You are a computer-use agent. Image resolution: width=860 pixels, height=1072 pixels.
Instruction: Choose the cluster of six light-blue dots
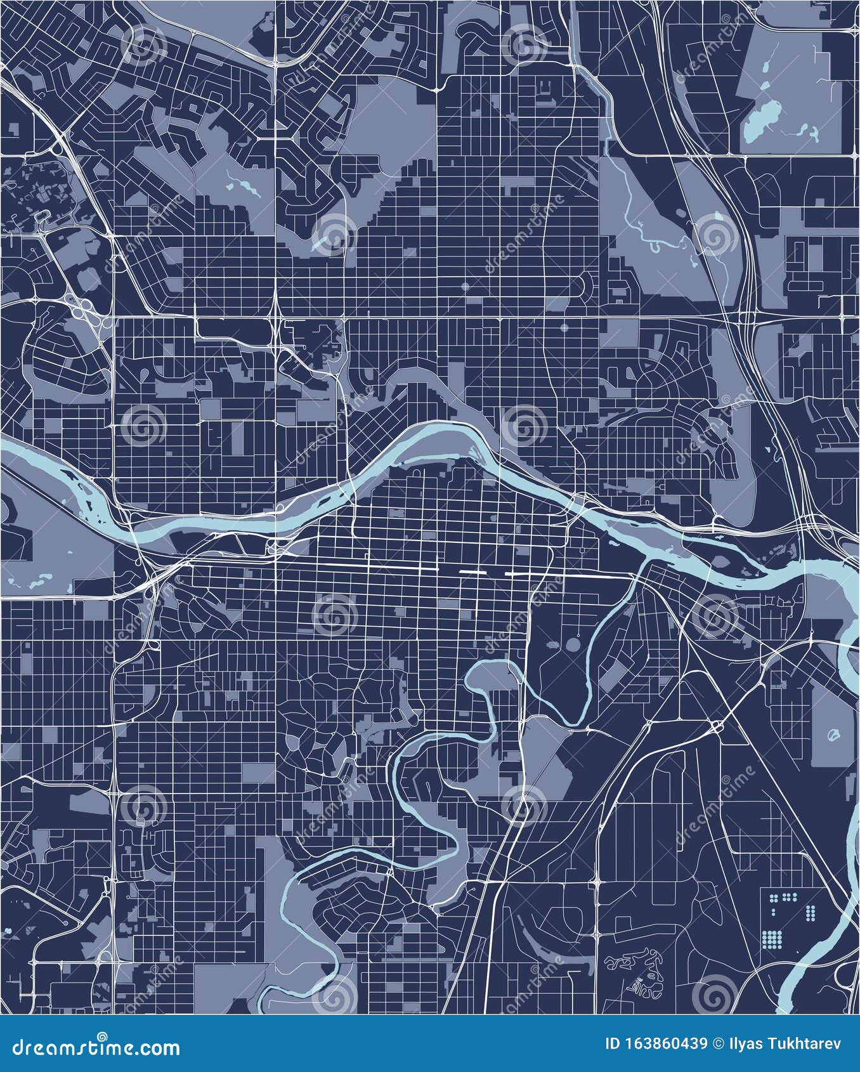pos(789,897)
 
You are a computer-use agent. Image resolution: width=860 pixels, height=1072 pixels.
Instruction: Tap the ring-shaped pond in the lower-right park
pos(833,735)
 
